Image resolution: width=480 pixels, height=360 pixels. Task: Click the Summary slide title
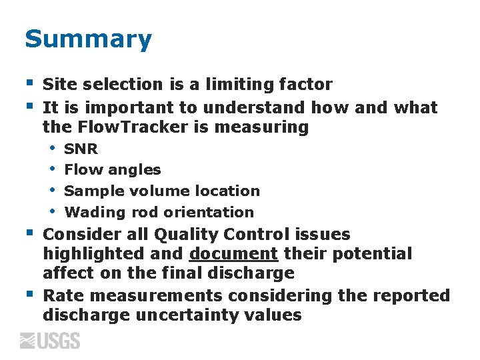pyautogui.click(x=88, y=40)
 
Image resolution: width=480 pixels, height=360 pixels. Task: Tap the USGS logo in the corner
pyautogui.click(x=50, y=341)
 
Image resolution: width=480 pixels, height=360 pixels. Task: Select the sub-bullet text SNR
pyautogui.click(x=81, y=149)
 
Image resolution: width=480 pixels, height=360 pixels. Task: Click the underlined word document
pyautogui.click(x=233, y=254)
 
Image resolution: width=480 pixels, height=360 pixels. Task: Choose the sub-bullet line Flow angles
pyautogui.click(x=112, y=170)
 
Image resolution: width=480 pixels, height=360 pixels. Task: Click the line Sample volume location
pyautogui.click(x=161, y=191)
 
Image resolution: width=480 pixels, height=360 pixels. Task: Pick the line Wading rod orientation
pyautogui.click(x=159, y=212)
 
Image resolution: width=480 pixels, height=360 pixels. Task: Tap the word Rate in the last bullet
pyautogui.click(x=59, y=295)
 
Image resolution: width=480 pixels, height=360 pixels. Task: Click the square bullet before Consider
pyautogui.click(x=29, y=233)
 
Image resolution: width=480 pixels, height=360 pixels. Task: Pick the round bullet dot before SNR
pyautogui.click(x=52, y=149)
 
